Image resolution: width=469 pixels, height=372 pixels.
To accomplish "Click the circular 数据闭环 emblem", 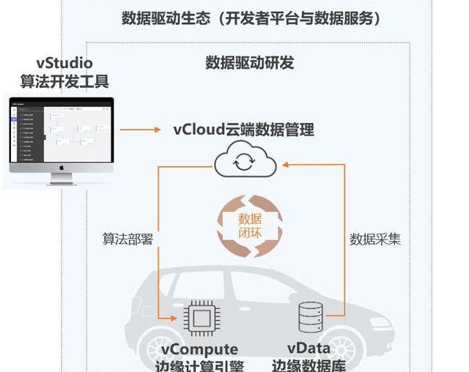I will coord(250,226).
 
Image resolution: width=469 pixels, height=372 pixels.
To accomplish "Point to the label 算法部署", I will coord(128,239).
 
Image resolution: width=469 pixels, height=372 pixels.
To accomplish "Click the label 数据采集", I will coord(374,239).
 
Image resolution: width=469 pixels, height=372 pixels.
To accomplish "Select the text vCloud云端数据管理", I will coord(244,130).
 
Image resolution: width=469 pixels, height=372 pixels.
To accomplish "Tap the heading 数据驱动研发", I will coord(250,62).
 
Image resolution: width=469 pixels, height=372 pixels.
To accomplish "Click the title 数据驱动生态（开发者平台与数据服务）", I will coord(252,18).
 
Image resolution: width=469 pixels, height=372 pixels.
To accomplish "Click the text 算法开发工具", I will coord(64,81).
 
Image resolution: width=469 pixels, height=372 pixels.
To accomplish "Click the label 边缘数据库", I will coord(309,365).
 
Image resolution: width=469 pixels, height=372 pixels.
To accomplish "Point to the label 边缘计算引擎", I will coord(201,365).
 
